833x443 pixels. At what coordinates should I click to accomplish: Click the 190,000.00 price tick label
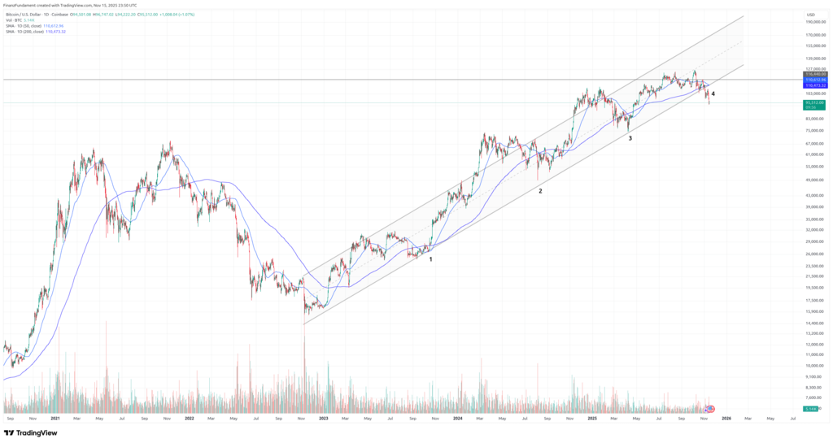814,22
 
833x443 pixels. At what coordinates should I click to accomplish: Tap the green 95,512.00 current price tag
814,103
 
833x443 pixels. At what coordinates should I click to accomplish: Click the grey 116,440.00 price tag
814,74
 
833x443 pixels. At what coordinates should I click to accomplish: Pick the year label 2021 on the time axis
55,419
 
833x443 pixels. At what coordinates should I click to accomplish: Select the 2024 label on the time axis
458,419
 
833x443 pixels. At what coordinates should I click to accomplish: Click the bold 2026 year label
726,419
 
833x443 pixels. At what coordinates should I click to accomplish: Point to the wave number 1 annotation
430,259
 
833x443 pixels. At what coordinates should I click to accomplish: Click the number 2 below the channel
539,191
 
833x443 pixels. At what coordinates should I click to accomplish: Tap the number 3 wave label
630,138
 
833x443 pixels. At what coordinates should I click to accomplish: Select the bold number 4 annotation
713,94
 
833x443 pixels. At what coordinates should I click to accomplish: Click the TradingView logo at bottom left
33,433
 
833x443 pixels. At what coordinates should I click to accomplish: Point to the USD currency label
810,15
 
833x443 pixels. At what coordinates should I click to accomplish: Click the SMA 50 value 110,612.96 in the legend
53,25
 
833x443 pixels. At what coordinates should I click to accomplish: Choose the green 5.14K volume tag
811,409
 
